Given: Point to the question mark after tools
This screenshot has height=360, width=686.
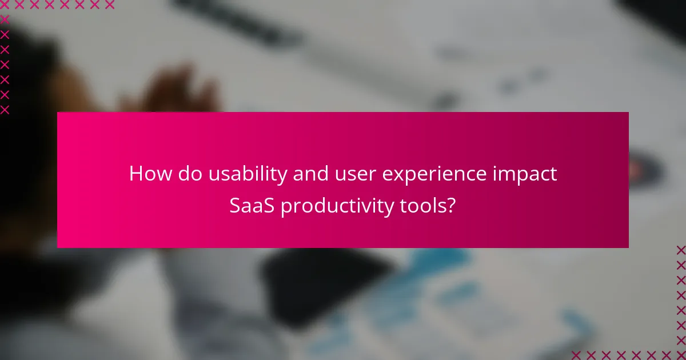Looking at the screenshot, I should tap(451, 206).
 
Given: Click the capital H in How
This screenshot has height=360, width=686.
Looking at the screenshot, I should tap(135, 174).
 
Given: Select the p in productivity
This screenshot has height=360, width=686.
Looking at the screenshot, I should tap(285, 209).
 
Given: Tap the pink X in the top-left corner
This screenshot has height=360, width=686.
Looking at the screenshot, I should tap(5, 5).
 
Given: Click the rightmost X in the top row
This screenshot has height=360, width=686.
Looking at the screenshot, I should tap(109, 5).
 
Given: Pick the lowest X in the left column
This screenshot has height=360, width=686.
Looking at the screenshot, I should tap(5, 110).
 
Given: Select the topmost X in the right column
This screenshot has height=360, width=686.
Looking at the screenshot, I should tap(681, 250).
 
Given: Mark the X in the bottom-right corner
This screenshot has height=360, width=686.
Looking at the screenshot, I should tap(681, 355).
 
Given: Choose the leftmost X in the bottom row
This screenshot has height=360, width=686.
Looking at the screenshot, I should tap(576, 355).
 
